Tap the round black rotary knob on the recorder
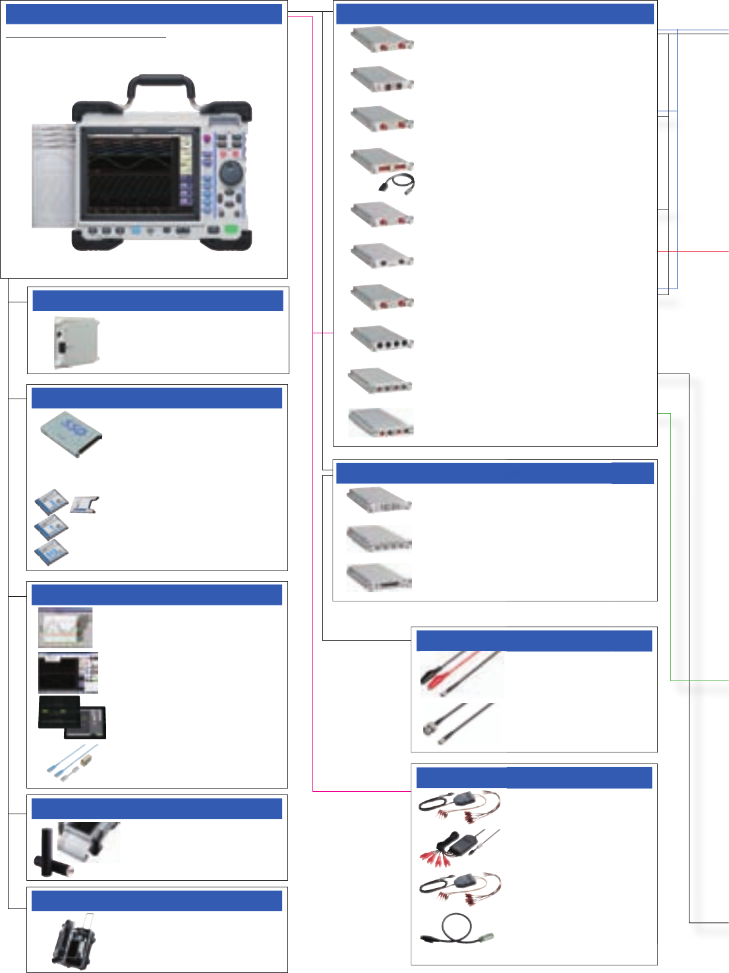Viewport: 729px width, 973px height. (x=230, y=174)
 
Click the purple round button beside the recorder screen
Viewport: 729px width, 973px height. (x=207, y=140)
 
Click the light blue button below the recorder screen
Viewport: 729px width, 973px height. (x=136, y=231)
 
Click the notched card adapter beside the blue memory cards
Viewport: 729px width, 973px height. (x=85, y=505)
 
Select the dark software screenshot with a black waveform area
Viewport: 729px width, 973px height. (x=68, y=673)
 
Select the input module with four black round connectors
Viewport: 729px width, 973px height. (x=382, y=340)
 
